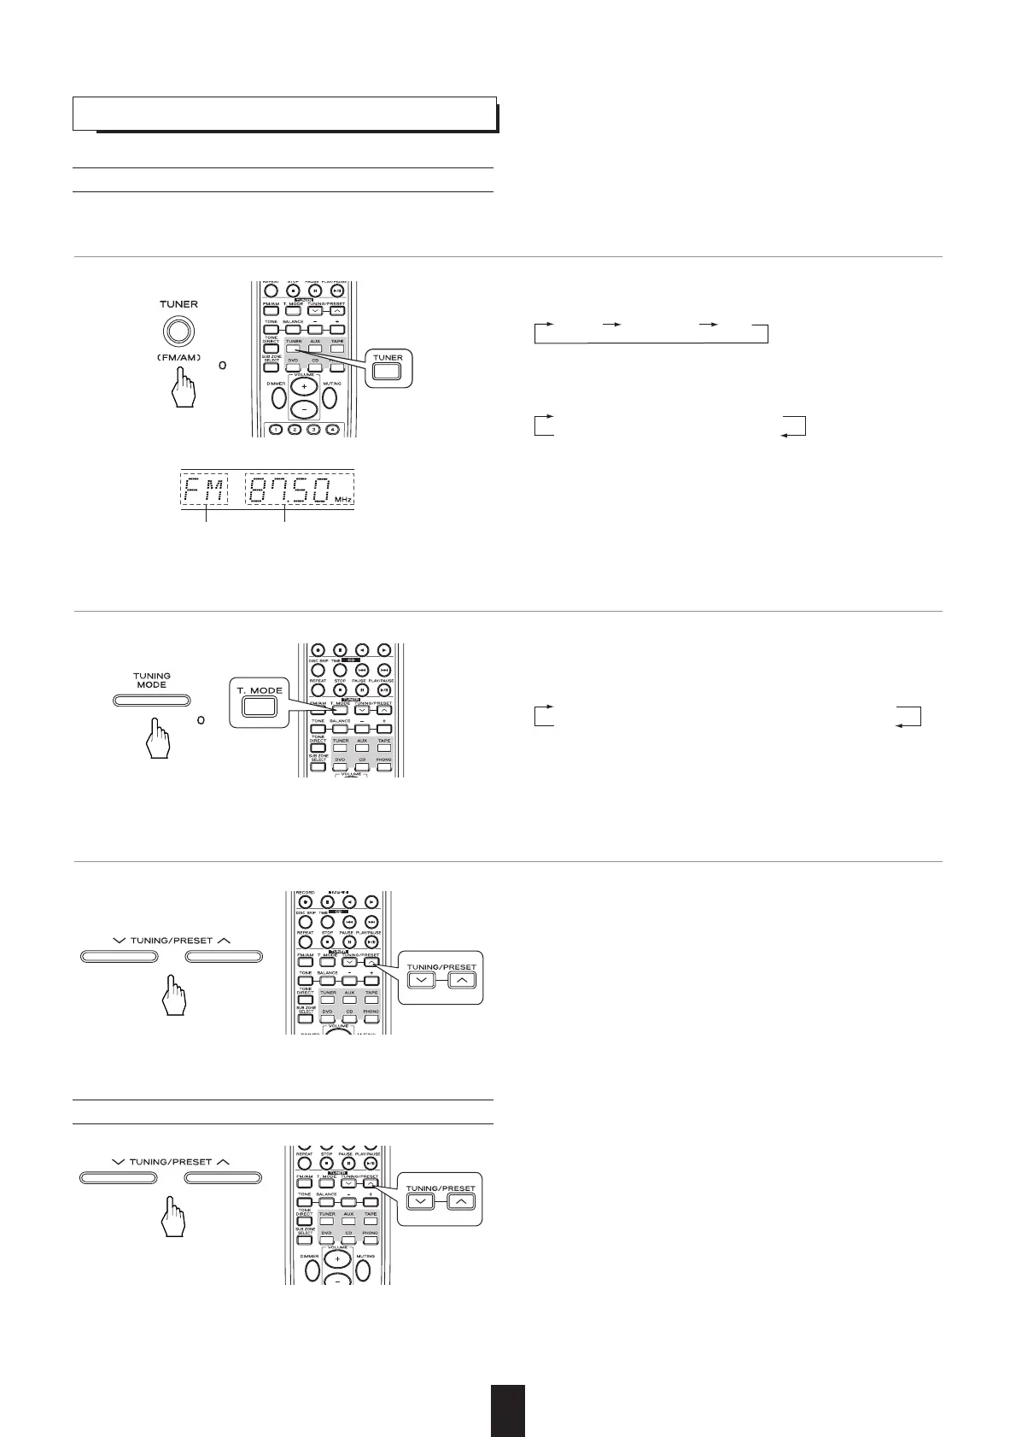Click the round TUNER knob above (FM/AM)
178,331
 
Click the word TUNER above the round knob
178,304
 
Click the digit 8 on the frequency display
260,490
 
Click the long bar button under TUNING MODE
151,701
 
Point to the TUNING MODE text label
151,680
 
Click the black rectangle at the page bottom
507,1410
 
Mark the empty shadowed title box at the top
284,113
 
